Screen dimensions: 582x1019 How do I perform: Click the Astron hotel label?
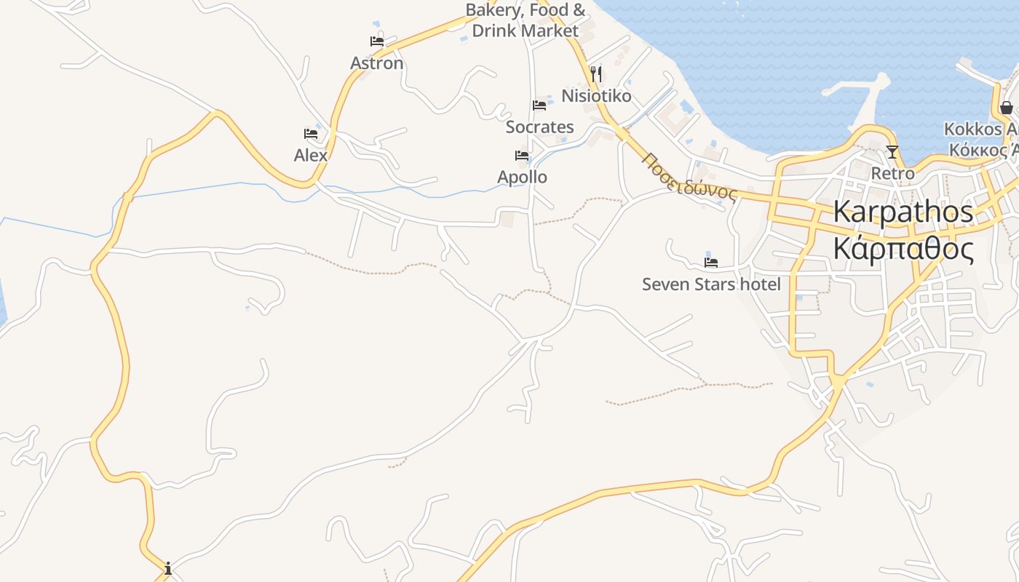coord(376,63)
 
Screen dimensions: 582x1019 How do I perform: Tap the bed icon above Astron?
coord(377,41)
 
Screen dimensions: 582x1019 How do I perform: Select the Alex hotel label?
coord(311,155)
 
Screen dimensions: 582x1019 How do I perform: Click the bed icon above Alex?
coord(311,134)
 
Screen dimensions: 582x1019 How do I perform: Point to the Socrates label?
coord(539,127)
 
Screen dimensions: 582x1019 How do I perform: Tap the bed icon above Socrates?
coord(539,105)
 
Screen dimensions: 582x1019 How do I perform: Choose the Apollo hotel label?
coord(522,177)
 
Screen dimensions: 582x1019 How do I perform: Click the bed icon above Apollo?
coord(522,156)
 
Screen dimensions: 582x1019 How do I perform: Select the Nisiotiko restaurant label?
coord(596,95)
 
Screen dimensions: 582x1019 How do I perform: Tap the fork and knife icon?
coord(596,73)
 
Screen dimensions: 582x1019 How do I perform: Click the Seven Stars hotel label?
coord(711,284)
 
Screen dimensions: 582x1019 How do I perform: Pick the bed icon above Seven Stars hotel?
coord(711,262)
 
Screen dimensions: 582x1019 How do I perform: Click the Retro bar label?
coord(892,174)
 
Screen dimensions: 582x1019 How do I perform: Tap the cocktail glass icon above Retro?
coord(892,152)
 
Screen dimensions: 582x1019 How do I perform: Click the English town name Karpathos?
coord(903,212)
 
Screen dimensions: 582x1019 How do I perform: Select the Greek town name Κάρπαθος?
coord(903,249)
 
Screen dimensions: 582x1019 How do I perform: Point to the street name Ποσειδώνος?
coord(690,175)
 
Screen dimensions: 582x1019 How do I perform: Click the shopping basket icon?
coord(1007,108)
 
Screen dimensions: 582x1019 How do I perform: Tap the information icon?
coord(168,567)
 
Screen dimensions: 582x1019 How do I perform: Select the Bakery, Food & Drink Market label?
coord(525,20)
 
